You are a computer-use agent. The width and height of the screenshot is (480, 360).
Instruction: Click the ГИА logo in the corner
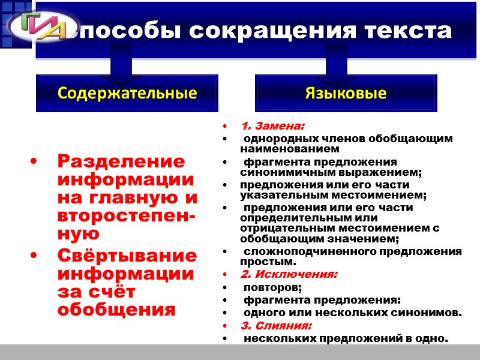[x=37, y=28]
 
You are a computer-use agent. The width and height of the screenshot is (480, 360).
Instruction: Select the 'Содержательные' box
[x=127, y=93]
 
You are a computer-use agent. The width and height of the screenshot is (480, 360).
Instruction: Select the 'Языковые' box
[x=346, y=93]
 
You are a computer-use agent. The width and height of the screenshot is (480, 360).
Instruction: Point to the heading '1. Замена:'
[x=272, y=126]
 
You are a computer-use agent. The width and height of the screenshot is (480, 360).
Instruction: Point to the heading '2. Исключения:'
[x=289, y=274]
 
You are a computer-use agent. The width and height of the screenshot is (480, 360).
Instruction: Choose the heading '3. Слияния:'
[x=276, y=326]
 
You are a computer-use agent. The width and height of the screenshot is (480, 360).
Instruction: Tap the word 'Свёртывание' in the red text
[x=127, y=256]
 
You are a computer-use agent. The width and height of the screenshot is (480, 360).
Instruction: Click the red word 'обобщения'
[x=116, y=310]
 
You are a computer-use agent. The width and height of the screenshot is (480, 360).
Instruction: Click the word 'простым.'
[x=268, y=262]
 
